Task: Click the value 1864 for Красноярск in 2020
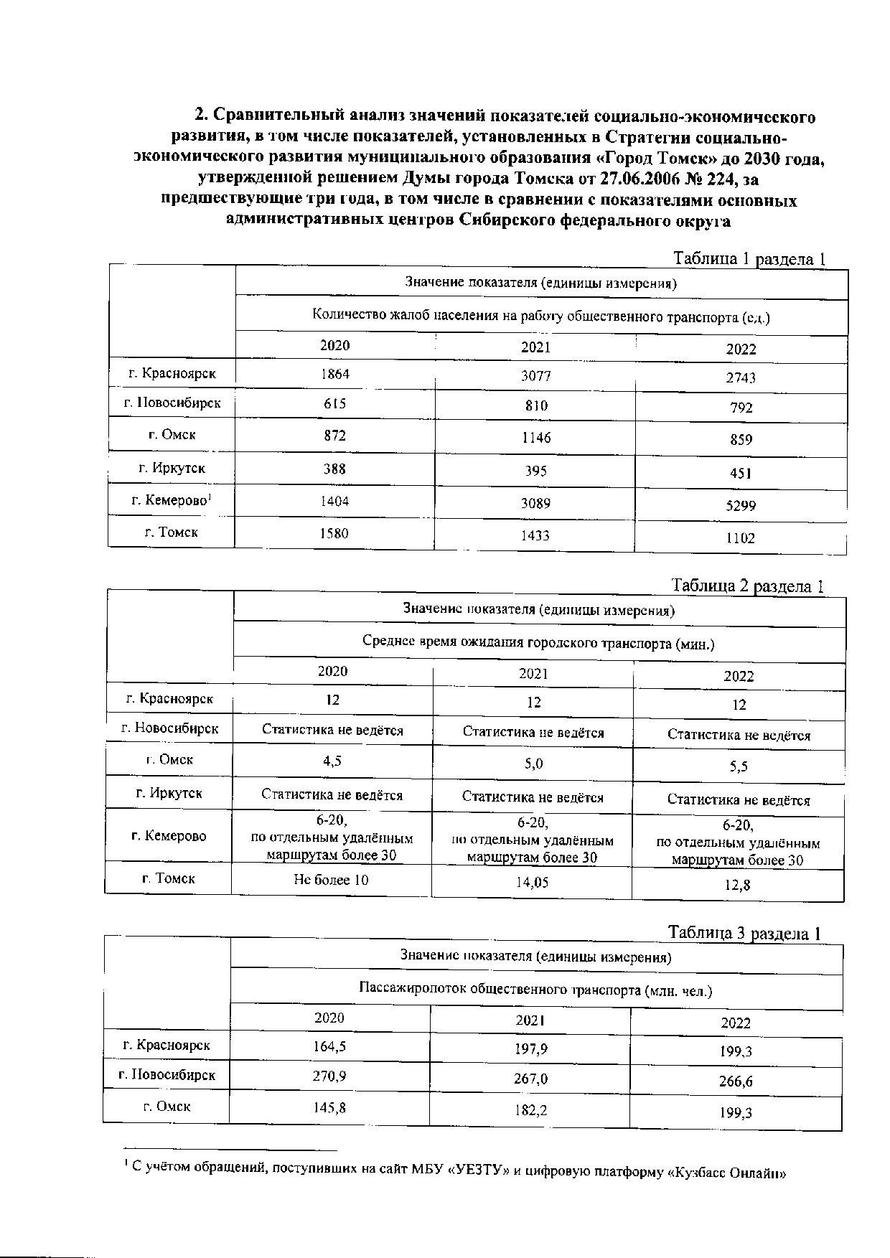335,374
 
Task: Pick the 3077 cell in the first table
535,377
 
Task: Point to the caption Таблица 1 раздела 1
749,259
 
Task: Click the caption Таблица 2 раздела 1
746,586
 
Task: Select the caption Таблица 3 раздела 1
744,933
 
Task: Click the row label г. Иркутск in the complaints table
172,469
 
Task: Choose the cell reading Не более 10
331,880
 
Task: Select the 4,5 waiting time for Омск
332,762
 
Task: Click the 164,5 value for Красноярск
330,1046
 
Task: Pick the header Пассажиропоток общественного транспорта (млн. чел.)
535,991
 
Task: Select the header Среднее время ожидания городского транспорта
538,643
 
